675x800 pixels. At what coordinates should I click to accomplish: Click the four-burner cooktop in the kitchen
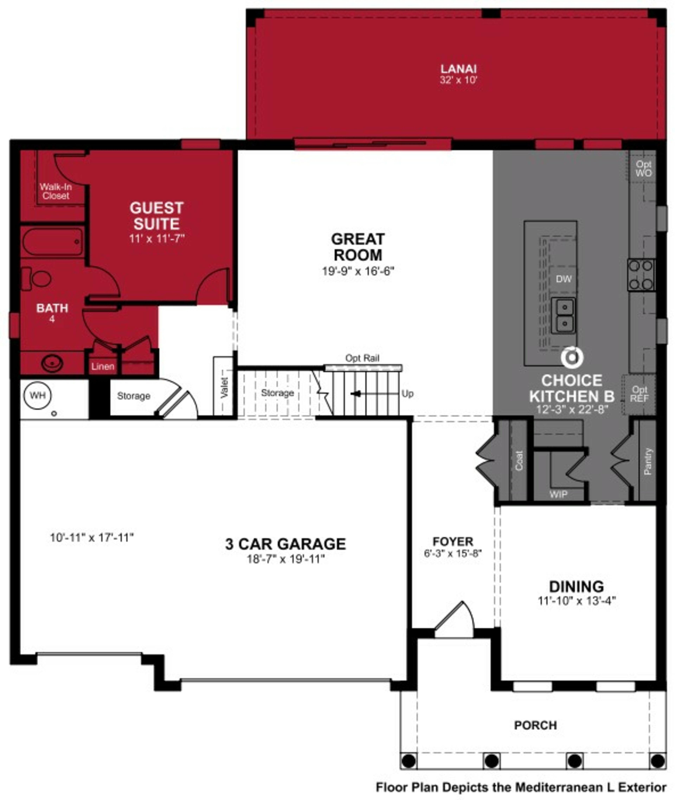641,275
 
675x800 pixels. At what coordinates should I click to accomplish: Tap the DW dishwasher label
564,279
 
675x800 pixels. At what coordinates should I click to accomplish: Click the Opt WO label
644,168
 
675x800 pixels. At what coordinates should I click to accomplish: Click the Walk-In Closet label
56,191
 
